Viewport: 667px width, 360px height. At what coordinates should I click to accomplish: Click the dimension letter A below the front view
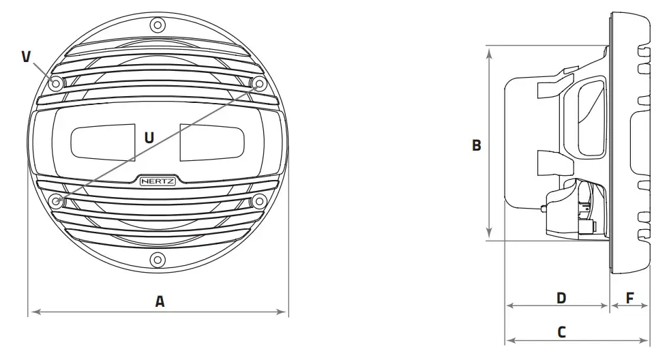coord(160,301)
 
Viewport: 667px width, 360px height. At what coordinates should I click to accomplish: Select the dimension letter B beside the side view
coord(477,145)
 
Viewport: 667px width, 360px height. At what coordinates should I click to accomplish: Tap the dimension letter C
coord(561,332)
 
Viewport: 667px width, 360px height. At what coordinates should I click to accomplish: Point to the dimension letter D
coord(561,298)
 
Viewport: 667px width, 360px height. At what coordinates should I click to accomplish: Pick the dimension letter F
coord(629,298)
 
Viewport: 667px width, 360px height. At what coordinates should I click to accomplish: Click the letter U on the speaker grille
coord(149,137)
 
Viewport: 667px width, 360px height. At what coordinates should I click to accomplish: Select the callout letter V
coord(26,56)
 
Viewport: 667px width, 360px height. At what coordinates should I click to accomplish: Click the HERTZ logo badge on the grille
coord(158,181)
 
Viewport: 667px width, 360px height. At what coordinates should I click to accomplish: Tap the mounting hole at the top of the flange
coord(158,26)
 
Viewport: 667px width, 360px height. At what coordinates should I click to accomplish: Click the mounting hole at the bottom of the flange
coord(158,259)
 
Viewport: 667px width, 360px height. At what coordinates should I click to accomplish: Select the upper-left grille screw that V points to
coord(56,83)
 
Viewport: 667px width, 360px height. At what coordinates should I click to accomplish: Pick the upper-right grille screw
coord(259,83)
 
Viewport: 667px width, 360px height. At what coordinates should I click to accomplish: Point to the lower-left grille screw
coord(57,200)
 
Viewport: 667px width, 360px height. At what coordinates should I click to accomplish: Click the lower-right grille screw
coord(259,200)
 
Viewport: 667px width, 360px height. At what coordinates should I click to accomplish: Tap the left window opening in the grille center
coord(103,141)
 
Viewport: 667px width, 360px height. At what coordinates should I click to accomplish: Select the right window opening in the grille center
coord(211,141)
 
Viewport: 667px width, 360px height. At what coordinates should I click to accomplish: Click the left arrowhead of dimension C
coord(507,340)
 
